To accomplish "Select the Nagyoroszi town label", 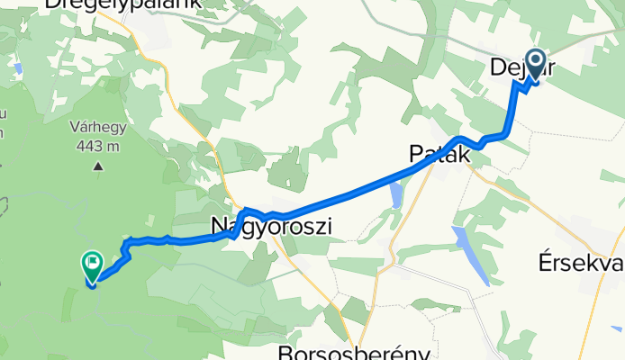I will (x=271, y=228).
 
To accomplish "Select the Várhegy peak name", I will (x=98, y=128).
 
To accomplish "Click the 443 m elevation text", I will (x=97, y=146).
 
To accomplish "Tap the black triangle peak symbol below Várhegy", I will (x=97, y=166).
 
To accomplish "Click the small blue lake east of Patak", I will (x=397, y=195).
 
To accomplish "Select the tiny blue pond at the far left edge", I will (x=19, y=67).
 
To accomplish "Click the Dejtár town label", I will (x=510, y=67).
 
